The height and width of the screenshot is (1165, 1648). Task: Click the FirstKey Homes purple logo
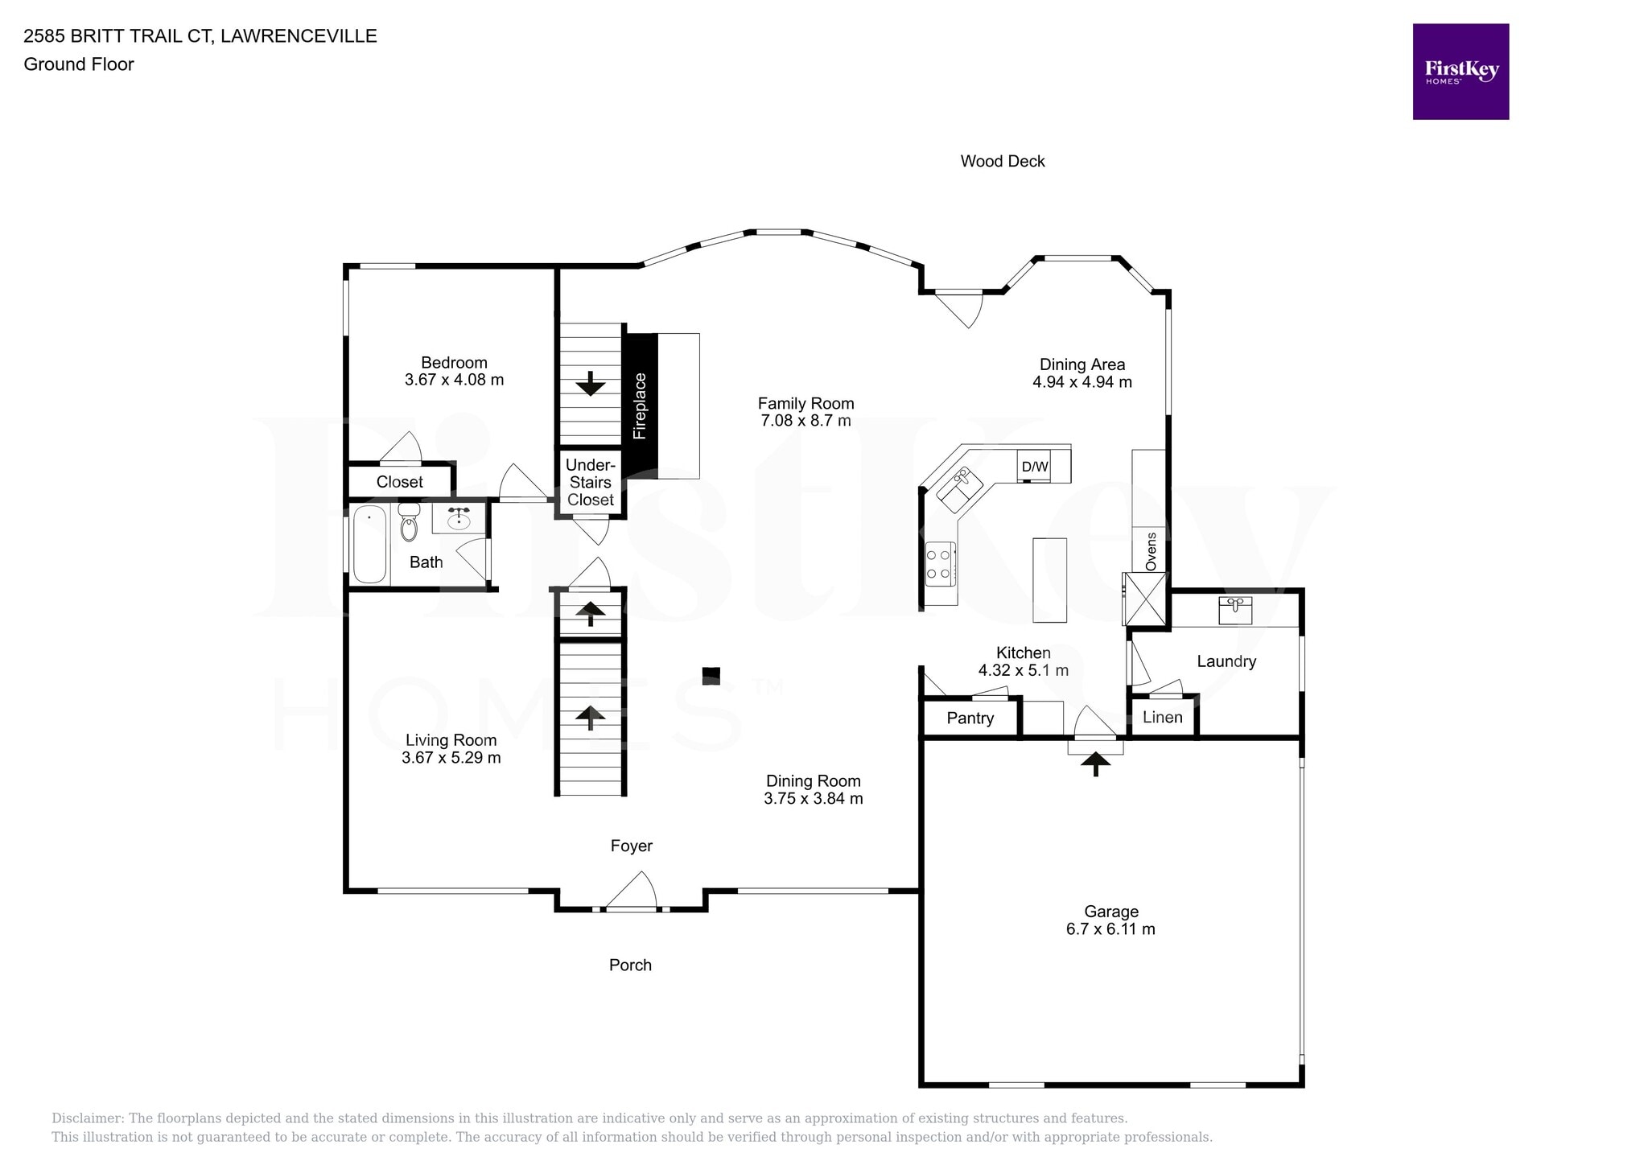[x=1460, y=72]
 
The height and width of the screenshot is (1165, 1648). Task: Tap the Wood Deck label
[x=1002, y=161]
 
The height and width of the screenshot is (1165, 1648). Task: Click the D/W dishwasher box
[x=1034, y=467]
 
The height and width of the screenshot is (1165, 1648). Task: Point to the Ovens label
[x=1151, y=551]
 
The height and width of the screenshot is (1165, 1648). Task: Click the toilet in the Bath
[x=410, y=523]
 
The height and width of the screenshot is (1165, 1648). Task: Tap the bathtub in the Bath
[x=369, y=544]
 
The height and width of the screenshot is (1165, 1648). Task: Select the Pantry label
[x=970, y=718]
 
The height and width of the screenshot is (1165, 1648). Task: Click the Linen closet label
[x=1162, y=717]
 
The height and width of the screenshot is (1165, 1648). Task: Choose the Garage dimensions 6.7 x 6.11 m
[x=1110, y=929]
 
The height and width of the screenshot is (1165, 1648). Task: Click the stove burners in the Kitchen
[x=940, y=563]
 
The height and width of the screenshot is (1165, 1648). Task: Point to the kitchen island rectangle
[x=1049, y=579]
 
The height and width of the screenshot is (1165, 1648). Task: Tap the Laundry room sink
[x=1234, y=610]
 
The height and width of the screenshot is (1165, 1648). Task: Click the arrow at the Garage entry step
[x=1094, y=762]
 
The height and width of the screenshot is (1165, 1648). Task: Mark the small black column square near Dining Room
[x=711, y=675]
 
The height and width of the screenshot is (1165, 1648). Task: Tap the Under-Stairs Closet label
[x=590, y=483]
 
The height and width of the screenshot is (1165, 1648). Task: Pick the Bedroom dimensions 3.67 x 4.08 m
[x=454, y=380]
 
